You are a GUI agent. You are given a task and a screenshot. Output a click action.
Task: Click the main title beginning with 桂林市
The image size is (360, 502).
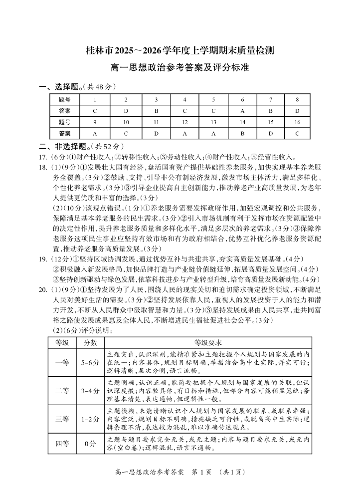coord(180,51)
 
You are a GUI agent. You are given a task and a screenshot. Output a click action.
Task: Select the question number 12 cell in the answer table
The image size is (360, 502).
coord(184,122)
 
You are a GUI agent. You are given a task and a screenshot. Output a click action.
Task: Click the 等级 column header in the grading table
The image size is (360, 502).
coord(62,343)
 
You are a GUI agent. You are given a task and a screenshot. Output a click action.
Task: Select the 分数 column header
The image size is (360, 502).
coord(90,343)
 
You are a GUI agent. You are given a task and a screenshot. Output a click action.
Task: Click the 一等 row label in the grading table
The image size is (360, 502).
coord(62,363)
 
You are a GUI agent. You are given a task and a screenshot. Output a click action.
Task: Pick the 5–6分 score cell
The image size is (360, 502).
coord(90,363)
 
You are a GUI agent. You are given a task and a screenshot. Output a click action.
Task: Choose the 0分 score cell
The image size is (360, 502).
coord(90,443)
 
